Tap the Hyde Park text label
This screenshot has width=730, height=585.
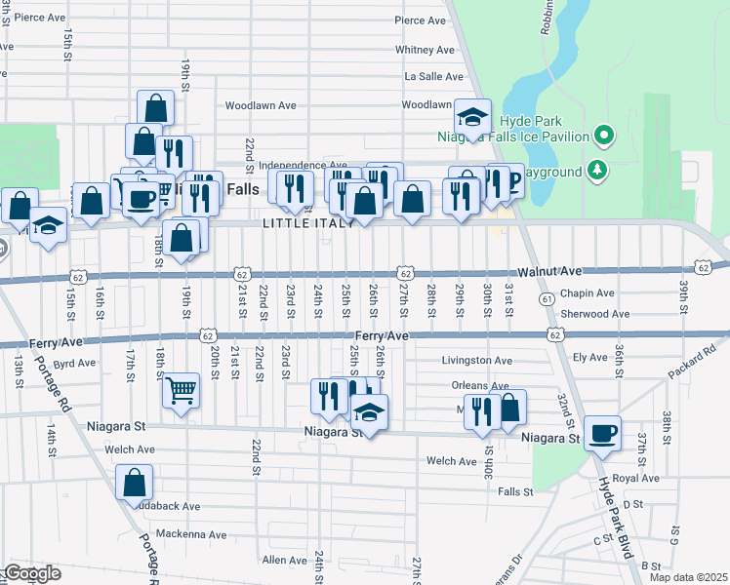pos(527,120)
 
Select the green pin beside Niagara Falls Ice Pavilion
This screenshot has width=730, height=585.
pos(604,135)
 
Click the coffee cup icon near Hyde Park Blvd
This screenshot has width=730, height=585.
pos(601,433)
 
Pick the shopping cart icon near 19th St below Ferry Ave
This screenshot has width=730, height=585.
pos(181,392)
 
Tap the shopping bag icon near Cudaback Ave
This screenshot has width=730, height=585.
pos(135,482)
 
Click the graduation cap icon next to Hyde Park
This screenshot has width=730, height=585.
pos(472,120)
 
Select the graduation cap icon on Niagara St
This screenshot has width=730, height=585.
pos(368,413)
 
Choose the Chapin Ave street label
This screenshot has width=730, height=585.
pos(588,292)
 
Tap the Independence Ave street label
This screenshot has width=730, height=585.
pos(303,166)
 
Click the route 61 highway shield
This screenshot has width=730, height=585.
pos(547,297)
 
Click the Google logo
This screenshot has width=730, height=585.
pos(32,573)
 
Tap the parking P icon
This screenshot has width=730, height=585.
pos(509,181)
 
